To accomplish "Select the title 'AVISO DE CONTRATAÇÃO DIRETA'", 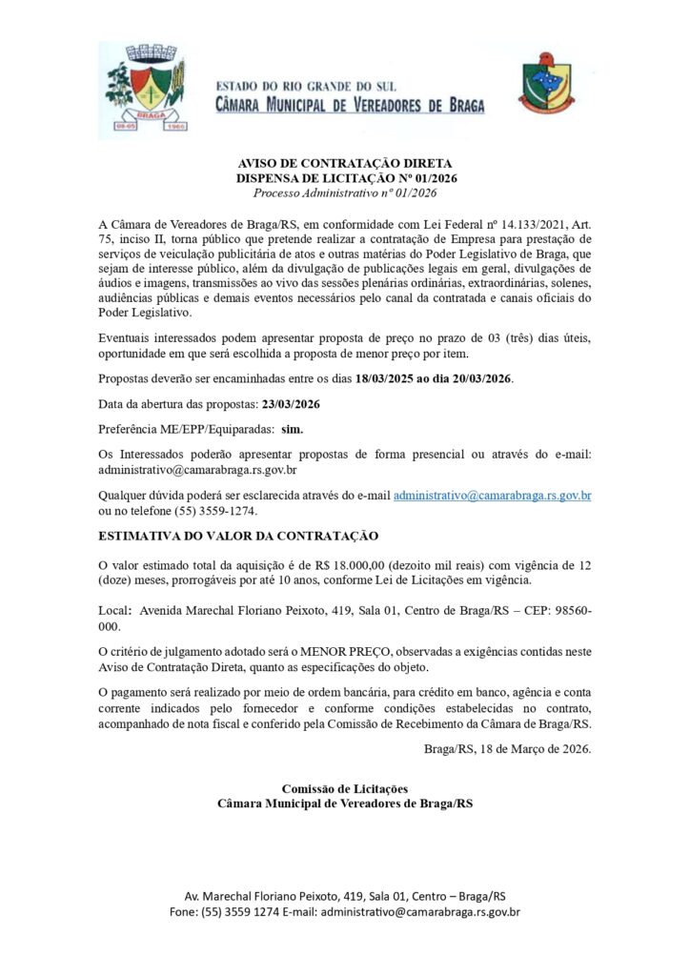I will click(344, 164).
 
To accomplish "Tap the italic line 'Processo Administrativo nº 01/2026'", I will click(344, 193).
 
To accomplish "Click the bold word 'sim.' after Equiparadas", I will click(292, 430).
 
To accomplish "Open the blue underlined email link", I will click(493, 496).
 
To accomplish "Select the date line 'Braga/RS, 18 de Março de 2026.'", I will click(507, 748).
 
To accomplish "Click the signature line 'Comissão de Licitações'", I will click(344, 789).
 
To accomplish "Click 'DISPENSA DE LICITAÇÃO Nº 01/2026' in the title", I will click(344, 178).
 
